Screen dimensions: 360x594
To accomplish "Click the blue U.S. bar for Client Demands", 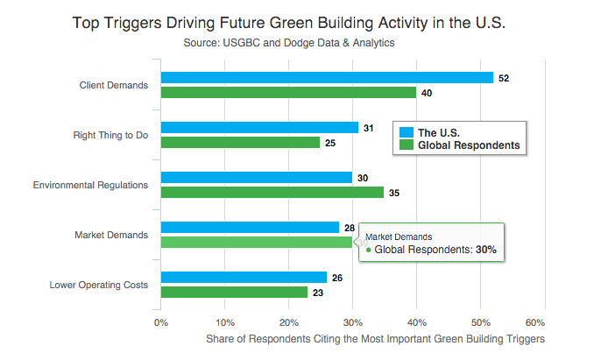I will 327,77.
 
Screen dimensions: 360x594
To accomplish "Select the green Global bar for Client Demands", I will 288,92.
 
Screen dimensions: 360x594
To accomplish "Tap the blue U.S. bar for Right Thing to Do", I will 259,128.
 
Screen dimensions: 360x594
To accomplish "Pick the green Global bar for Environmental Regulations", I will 272,192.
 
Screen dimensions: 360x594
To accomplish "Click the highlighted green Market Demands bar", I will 256,242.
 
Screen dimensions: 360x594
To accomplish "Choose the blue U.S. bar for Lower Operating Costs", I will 244,277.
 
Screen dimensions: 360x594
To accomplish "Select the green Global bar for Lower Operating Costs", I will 234,292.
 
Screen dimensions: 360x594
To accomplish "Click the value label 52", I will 504,78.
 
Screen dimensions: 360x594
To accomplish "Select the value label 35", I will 394,193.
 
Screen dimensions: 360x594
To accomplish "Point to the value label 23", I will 317,293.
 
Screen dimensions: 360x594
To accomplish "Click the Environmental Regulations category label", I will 90,185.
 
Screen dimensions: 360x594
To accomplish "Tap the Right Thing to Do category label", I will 110,135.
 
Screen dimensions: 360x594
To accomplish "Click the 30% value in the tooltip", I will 486,250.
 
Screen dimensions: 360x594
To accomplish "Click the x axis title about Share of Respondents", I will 375,338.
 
